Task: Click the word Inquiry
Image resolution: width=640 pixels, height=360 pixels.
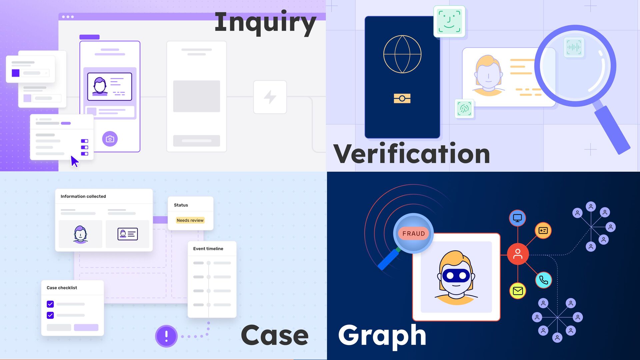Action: pyautogui.click(x=265, y=23)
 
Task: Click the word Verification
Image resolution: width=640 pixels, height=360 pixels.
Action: pyautogui.click(x=411, y=154)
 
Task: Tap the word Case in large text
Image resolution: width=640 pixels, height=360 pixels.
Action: pyautogui.click(x=275, y=335)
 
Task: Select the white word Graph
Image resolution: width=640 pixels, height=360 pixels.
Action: pyautogui.click(x=382, y=335)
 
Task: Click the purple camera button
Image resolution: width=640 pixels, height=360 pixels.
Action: pyautogui.click(x=110, y=139)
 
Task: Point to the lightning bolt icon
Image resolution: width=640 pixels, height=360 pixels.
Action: pyautogui.click(x=270, y=97)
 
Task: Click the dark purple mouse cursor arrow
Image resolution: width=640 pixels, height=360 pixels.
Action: pyautogui.click(x=74, y=161)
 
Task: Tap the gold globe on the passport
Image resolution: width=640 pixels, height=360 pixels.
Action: pyautogui.click(x=402, y=54)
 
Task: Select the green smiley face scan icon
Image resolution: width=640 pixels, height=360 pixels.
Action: pyautogui.click(x=449, y=21)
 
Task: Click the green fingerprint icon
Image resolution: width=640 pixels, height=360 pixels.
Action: pyautogui.click(x=464, y=109)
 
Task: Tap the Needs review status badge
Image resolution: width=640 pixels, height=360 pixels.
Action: pyautogui.click(x=190, y=220)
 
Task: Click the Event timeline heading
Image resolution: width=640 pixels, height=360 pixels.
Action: pyautogui.click(x=208, y=249)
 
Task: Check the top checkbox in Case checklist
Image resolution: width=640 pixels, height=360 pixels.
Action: pyautogui.click(x=50, y=304)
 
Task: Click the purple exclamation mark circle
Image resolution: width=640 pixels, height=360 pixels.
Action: pyautogui.click(x=166, y=336)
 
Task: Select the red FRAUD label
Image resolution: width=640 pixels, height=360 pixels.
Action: pyautogui.click(x=414, y=234)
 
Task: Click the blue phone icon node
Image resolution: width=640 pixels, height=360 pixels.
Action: pyautogui.click(x=543, y=280)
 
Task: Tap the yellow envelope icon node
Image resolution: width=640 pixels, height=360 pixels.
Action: pyautogui.click(x=518, y=291)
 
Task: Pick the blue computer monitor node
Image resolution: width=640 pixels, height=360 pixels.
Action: pyautogui.click(x=517, y=218)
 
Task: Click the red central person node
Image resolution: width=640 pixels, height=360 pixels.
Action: pyautogui.click(x=518, y=254)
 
